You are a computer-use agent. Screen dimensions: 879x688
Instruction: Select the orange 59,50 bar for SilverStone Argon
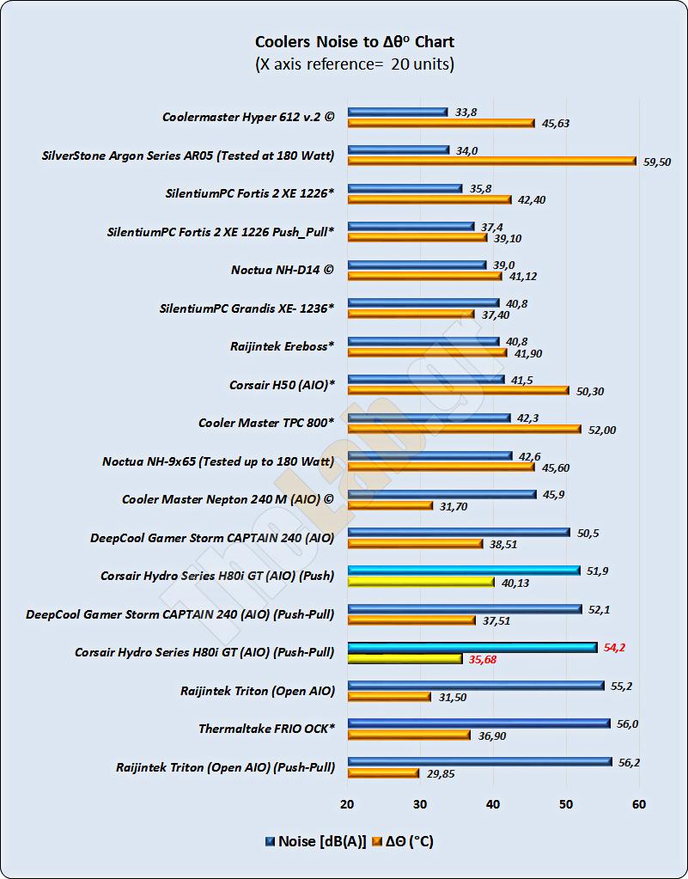(491, 161)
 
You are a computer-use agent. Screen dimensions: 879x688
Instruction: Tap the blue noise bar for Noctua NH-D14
(417, 266)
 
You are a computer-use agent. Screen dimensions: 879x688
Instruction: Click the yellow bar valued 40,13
(421, 582)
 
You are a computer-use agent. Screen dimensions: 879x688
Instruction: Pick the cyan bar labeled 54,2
(472, 647)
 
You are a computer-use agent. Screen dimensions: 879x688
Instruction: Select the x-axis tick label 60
(638, 803)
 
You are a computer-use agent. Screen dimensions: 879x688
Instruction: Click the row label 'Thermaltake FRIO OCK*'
(266, 729)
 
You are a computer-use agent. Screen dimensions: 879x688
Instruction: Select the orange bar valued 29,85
(383, 773)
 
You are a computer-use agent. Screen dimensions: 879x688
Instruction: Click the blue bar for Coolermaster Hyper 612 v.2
(398, 111)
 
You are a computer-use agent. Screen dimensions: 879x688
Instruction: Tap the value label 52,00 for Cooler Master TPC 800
(602, 430)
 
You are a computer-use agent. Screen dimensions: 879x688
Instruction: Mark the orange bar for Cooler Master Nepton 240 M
(390, 505)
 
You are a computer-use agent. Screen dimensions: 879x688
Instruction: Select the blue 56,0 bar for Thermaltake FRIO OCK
(478, 723)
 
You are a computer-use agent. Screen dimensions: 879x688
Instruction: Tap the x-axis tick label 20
(347, 803)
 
